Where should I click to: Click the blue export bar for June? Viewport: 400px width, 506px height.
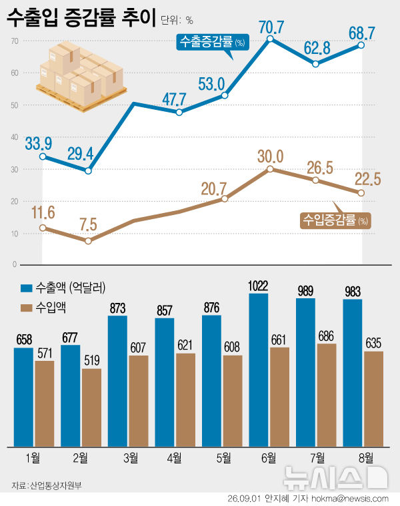tap(259, 370)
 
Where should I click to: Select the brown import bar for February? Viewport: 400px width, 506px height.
tap(91, 407)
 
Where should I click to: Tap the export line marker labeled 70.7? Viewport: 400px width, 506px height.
tap(271, 39)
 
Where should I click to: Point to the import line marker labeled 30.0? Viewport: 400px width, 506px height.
tap(270, 168)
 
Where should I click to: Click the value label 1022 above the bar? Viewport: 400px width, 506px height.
tap(258, 286)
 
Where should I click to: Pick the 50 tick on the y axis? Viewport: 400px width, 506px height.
tap(15, 105)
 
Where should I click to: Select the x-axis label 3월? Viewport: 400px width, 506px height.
tap(131, 457)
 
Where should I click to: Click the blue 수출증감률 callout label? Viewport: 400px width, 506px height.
tap(213, 42)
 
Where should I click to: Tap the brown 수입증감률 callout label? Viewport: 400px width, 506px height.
tap(335, 221)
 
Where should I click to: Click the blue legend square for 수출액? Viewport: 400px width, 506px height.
tap(27, 288)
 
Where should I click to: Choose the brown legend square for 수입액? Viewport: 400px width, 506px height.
tap(27, 308)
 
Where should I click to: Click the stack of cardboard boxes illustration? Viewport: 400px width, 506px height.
tap(81, 76)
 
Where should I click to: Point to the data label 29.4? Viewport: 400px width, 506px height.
tap(81, 154)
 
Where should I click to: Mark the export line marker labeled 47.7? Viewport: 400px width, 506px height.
tap(179, 113)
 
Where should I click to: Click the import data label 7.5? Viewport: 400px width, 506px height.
tap(88, 224)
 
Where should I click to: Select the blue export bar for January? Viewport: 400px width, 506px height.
tap(23, 397)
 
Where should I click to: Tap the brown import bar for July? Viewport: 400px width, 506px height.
tap(327, 395)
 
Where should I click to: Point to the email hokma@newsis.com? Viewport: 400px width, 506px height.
tap(350, 499)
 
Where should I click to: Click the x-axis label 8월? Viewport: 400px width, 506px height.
tap(366, 457)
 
